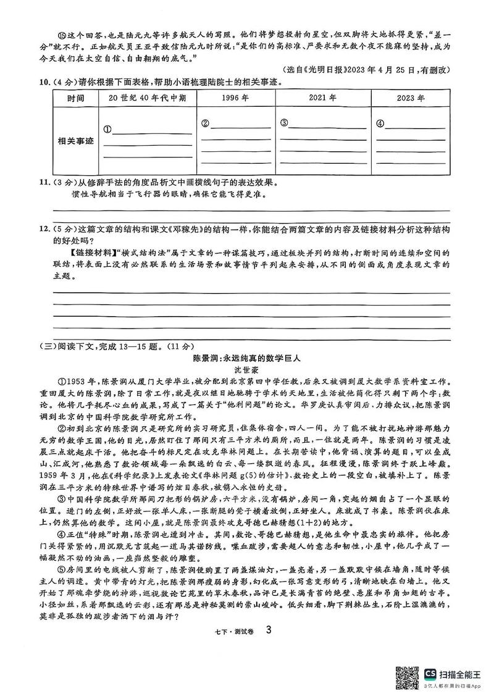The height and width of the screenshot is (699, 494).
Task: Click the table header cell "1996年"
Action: click(x=235, y=98)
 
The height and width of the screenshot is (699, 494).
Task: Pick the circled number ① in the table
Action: click(x=107, y=129)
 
